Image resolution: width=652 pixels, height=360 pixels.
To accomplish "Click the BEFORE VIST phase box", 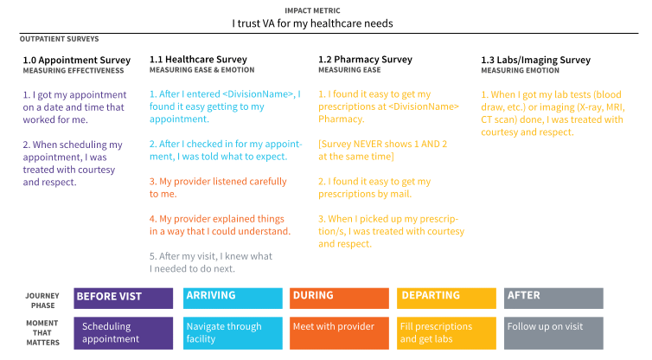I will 123,298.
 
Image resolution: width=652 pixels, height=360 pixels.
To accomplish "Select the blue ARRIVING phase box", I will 233,298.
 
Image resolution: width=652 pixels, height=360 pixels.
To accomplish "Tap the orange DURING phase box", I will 338,298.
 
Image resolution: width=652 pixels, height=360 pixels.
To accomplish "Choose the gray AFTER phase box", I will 553,298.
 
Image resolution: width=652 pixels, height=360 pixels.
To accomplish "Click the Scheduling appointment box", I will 123,333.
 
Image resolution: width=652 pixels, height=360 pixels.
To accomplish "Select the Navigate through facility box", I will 233,333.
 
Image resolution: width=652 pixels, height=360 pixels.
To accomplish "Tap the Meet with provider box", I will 338,333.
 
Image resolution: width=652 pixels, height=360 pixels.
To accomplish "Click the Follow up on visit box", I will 553,333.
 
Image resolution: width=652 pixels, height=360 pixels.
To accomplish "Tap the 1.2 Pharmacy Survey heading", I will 368,60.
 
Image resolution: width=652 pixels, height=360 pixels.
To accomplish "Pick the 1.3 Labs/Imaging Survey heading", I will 535,60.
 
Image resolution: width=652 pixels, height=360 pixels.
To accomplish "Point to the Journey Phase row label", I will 43,299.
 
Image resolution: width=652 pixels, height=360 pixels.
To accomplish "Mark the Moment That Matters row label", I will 43,333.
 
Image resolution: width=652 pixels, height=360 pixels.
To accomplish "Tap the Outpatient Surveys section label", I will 60,39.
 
